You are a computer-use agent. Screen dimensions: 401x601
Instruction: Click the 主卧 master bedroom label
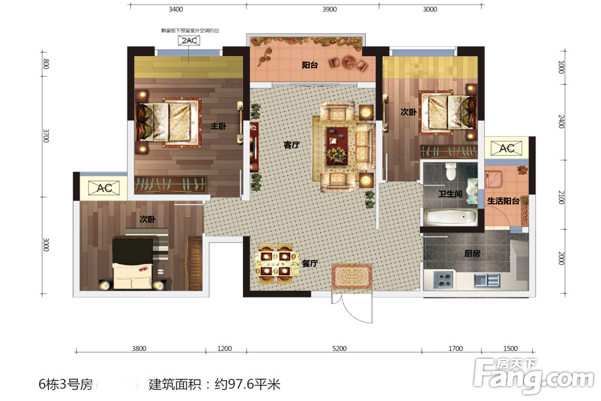coord(218,125)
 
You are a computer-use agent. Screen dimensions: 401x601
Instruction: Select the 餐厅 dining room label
coord(309,263)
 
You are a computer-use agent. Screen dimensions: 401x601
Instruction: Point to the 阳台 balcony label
coord(309,65)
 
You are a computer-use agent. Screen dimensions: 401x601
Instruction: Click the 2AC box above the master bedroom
coord(188,41)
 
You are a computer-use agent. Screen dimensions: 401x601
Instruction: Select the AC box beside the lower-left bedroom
coord(104,188)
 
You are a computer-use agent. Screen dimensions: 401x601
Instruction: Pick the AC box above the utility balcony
coord(507,148)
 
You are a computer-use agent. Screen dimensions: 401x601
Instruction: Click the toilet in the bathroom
coord(451,172)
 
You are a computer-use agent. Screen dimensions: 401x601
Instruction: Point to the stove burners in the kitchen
coord(443,279)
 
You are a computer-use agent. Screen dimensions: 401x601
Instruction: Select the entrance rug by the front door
coord(352,275)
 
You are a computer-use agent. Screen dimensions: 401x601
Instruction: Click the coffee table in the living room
coord(337,142)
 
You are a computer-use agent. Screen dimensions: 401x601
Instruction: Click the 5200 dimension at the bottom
coord(339,348)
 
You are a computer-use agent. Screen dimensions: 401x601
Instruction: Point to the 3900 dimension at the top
coord(329,9)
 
